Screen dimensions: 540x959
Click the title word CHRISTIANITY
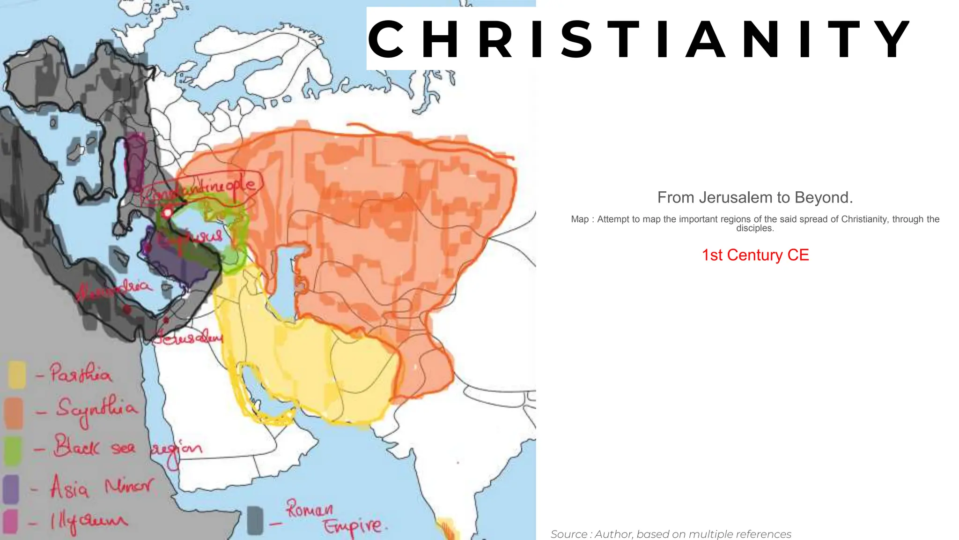(x=639, y=39)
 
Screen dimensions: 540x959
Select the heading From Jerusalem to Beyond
(x=755, y=198)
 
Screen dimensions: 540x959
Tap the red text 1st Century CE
(x=755, y=255)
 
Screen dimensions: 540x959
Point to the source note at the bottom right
(x=671, y=534)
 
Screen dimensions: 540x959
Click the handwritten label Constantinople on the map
(x=201, y=189)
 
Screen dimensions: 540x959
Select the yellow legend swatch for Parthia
(x=17, y=374)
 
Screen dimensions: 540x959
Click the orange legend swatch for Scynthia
(x=14, y=412)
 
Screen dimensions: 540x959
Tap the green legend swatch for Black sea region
(x=13, y=450)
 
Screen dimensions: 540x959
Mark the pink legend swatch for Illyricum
(x=10, y=521)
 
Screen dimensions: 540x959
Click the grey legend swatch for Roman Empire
(x=255, y=520)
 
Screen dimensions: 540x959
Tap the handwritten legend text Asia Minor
(x=101, y=487)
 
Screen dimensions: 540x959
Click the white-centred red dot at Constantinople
(x=167, y=214)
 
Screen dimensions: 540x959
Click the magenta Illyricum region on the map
(x=136, y=162)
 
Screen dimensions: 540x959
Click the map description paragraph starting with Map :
(x=755, y=224)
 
